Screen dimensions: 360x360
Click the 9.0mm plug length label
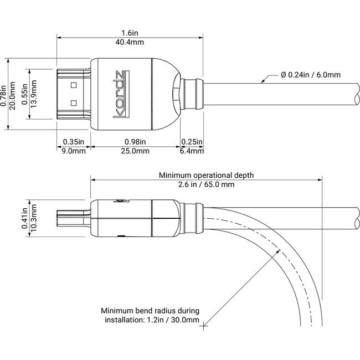tap(73, 150)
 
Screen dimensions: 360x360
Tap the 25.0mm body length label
tap(135, 150)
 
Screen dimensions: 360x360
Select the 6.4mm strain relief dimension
tap(192, 150)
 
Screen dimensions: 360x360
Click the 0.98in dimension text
tap(135, 141)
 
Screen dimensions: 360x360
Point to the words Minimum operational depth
tap(206, 175)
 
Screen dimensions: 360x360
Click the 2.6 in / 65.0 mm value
tap(206, 184)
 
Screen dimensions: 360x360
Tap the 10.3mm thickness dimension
tap(34, 221)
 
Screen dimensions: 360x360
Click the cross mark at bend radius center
tap(205, 326)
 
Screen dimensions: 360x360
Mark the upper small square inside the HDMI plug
tap(73, 86)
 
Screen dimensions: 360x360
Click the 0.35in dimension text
tap(73, 141)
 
